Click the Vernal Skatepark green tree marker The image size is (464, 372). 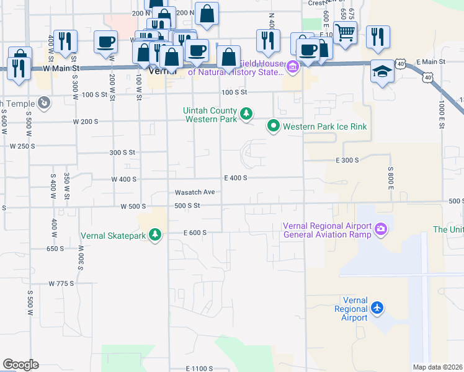point(155,235)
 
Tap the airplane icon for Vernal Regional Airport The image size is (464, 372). point(377,308)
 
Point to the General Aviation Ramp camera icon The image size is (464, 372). point(380,230)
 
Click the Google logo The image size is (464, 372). point(20,365)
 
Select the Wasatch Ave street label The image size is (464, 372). point(195,192)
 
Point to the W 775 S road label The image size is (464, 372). point(61,283)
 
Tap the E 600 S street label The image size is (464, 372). point(194,232)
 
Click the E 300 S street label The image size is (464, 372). point(347,160)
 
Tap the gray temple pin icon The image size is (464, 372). point(43,102)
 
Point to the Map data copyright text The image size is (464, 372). point(437,367)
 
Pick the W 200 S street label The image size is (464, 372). point(86,122)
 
